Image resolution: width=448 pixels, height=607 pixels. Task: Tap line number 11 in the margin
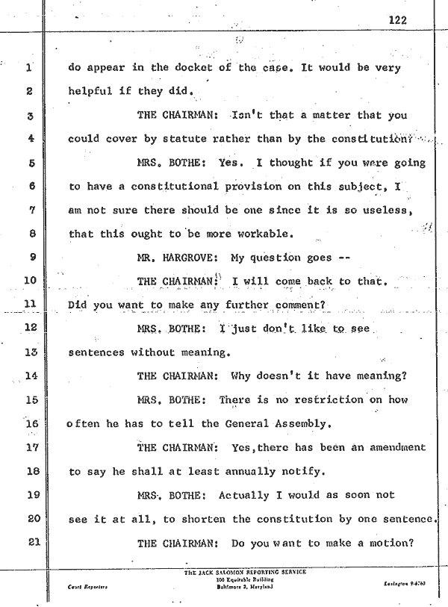coord(31,304)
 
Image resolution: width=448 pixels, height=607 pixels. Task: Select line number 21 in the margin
coord(31,542)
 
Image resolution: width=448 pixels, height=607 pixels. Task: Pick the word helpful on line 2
coord(92,91)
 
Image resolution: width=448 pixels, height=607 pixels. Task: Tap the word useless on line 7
coord(387,210)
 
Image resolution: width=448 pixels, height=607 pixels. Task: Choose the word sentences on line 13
coord(97,352)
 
